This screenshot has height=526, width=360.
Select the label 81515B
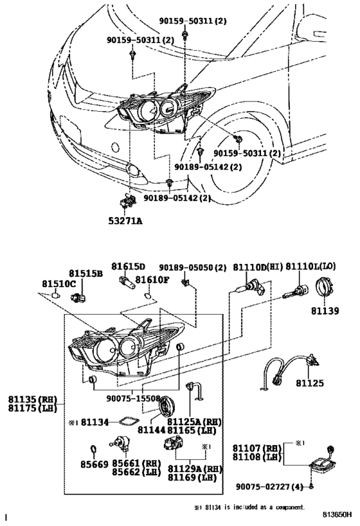click(x=86, y=273)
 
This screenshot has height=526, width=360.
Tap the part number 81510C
click(x=59, y=283)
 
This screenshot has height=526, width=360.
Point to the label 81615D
click(x=128, y=267)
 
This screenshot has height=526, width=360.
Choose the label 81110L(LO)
click(x=311, y=267)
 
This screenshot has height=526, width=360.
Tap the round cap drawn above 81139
click(x=327, y=288)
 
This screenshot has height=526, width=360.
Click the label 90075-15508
click(x=133, y=398)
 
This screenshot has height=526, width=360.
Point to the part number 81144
click(x=151, y=428)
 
